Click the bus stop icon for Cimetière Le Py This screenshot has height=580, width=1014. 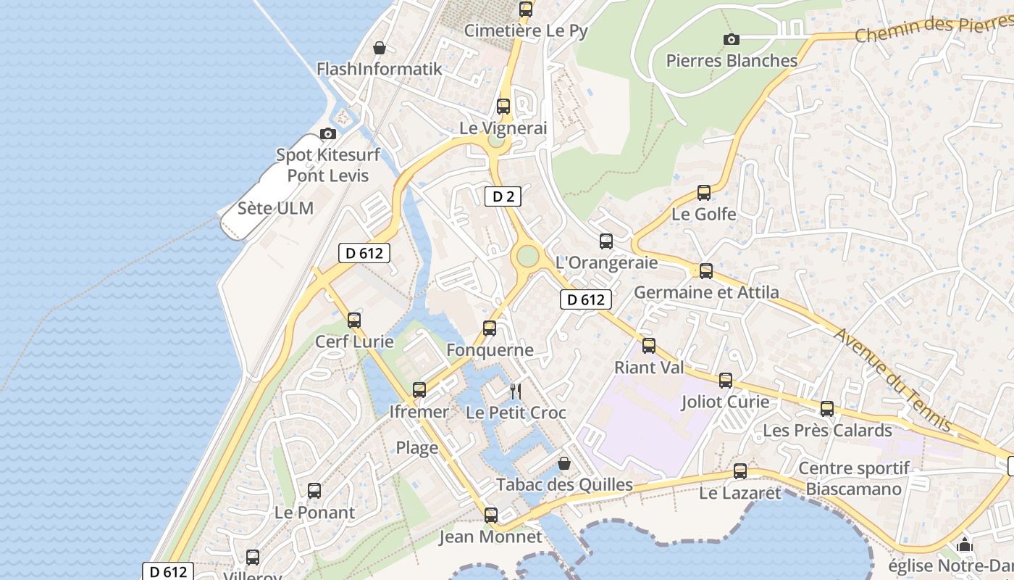coord(526,9)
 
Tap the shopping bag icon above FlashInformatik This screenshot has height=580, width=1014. coord(379,49)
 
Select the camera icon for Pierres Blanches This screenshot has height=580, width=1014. coord(732,39)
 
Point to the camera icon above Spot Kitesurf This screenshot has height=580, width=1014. coord(328,134)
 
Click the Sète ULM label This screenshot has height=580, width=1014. coord(275,209)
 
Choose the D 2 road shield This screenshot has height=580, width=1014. coord(503,196)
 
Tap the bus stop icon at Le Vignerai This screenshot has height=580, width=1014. coord(503,107)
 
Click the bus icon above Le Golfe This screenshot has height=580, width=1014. coord(704,193)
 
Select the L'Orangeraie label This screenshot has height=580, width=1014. coord(606,262)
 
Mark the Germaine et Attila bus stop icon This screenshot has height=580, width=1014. coord(706,271)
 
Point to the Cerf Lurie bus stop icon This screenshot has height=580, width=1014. coord(354,320)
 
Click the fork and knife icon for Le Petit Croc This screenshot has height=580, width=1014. coord(516,391)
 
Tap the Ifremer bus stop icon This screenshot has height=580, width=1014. coord(419,390)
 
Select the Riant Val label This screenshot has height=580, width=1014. coord(649,368)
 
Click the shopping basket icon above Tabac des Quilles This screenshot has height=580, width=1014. coord(564,463)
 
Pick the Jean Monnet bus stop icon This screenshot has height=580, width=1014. coord(491,515)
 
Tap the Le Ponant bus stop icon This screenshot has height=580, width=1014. coord(314,491)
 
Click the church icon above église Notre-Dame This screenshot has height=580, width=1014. coord(965,544)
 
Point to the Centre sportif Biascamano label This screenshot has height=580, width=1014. coord(854,478)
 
